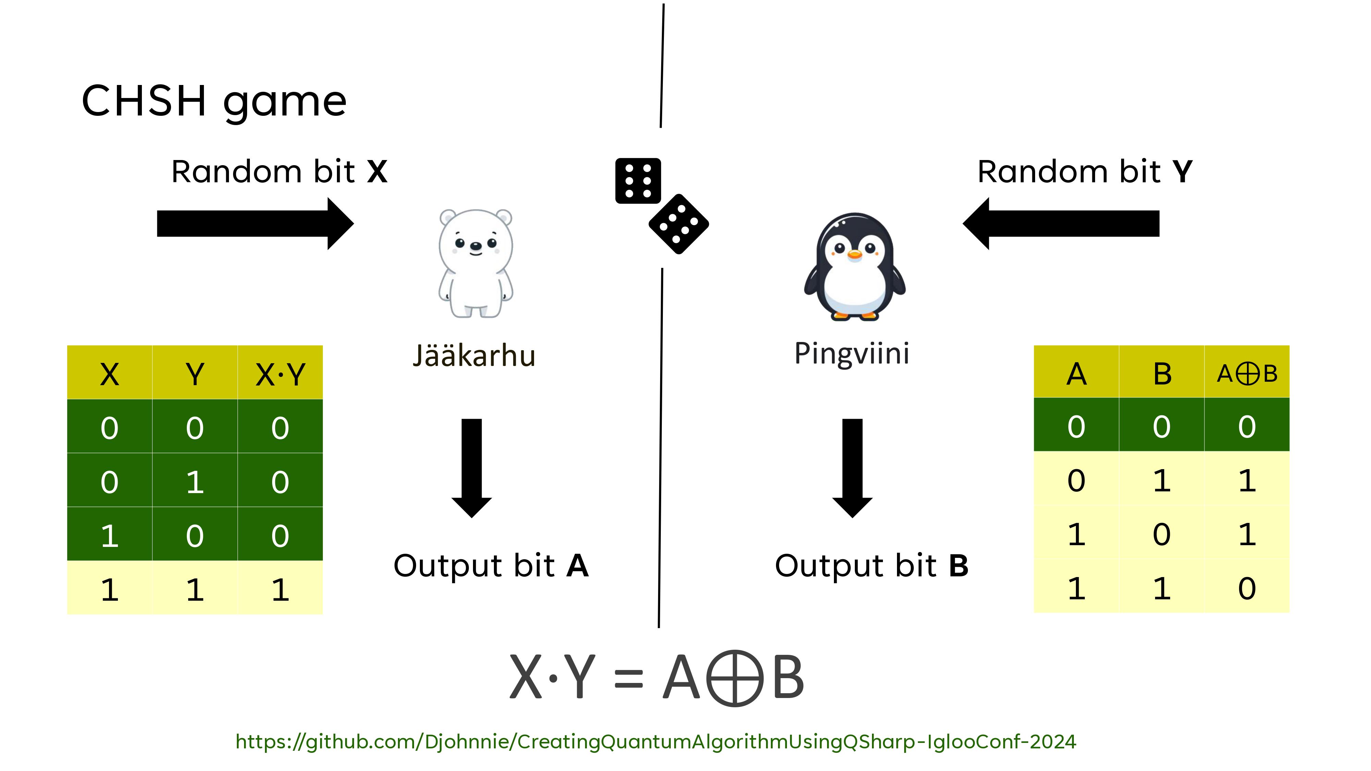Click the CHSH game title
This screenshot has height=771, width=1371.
[x=214, y=101]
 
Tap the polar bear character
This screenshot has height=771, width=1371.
[x=475, y=264]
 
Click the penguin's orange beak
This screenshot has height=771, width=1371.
[x=854, y=255]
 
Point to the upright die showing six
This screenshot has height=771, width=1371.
[x=638, y=181]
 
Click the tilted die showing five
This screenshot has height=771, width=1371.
[x=679, y=224]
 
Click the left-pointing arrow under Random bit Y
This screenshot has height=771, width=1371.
[x=1061, y=223]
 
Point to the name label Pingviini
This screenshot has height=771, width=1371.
[x=851, y=353]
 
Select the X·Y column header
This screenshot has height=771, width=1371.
[x=280, y=374]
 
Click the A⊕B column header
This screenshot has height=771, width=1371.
[x=1247, y=373]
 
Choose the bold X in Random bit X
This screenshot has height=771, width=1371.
[x=377, y=172]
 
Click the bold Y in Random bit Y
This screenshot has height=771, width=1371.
[x=1182, y=172]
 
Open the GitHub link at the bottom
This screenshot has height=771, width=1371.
[x=656, y=741]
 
